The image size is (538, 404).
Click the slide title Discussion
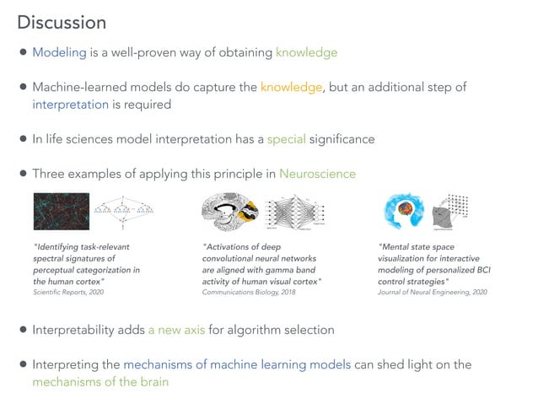[62, 22]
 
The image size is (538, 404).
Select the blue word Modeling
[59, 52]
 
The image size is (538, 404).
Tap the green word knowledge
[306, 52]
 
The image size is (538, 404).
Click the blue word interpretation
[71, 105]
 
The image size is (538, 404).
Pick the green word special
[286, 139]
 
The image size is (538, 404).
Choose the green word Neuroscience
[317, 174]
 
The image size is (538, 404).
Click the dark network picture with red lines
[60, 212]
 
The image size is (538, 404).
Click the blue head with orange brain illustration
[403, 212]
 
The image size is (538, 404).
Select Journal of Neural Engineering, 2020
[433, 291]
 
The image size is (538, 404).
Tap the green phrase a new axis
[176, 330]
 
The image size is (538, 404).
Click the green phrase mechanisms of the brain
[100, 382]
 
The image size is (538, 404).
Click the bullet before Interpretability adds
[24, 330]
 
